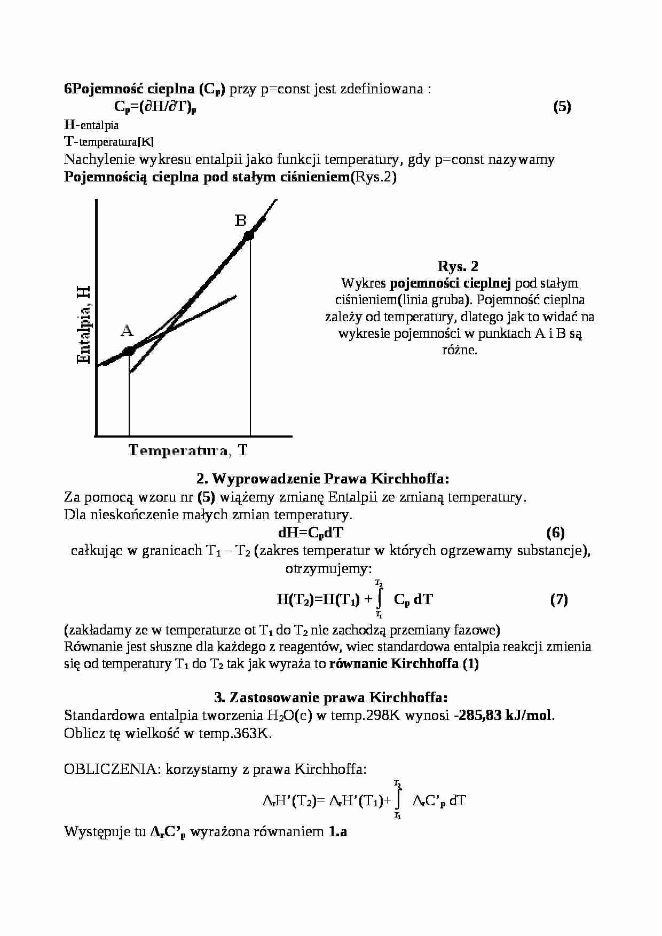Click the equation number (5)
point(562,107)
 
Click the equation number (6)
point(556,532)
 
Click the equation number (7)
point(558,599)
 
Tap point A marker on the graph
point(129,351)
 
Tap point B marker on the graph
point(249,235)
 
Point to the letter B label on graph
point(241,220)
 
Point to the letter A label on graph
point(127,331)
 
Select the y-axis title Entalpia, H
point(84,325)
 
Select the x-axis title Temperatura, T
point(187,450)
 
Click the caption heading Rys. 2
point(458,266)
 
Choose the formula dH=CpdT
point(311,533)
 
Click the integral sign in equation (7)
point(379,599)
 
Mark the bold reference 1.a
point(337,831)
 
